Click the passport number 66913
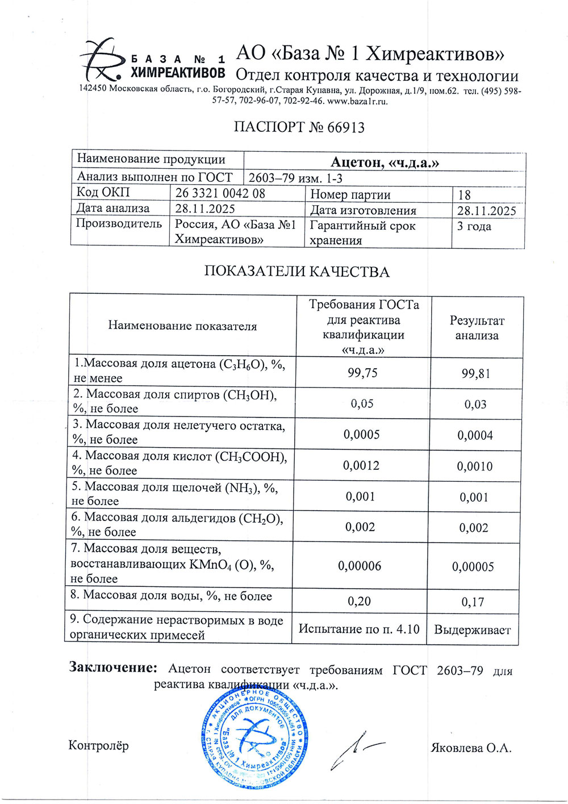pos(346,127)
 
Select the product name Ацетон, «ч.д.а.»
pos(385,163)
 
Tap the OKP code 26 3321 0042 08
pos(220,193)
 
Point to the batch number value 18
pos(464,195)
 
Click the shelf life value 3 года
pos(474,226)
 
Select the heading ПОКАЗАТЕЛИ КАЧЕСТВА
pos(296,272)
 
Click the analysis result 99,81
pos(475,373)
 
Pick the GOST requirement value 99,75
pos(362,372)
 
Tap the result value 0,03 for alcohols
pos(475,405)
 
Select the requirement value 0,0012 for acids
pos(361,465)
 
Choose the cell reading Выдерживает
pos(472,630)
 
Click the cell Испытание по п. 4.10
pos(359,629)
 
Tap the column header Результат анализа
pos(477,328)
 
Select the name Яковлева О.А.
pos(471,748)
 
